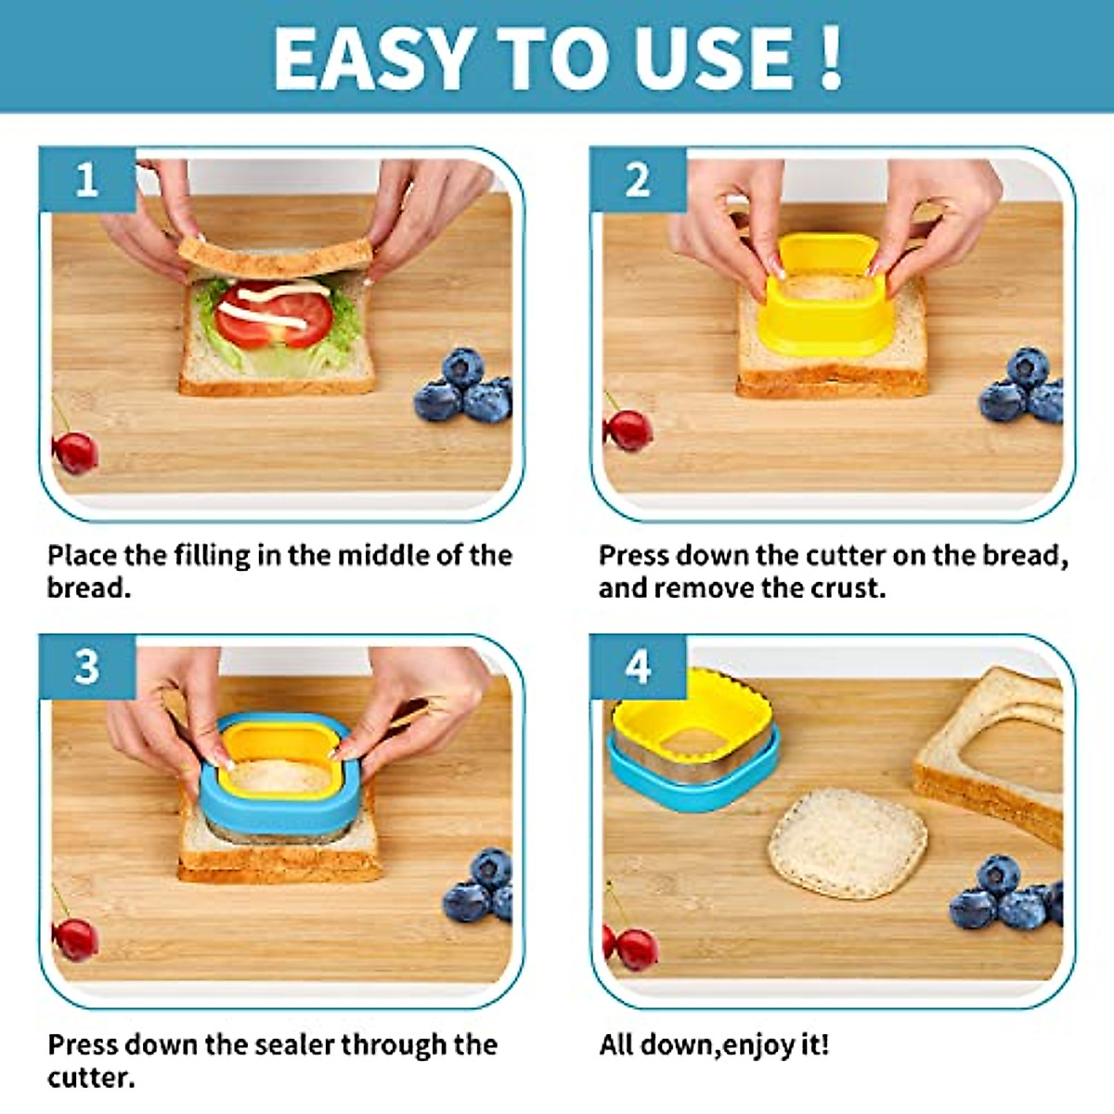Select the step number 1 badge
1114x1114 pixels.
tap(86, 179)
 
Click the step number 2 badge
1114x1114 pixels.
tap(637, 179)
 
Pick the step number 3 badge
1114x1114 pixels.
tap(86, 667)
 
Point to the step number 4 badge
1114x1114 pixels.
tap(637, 667)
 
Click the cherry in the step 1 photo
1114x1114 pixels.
tap(75, 452)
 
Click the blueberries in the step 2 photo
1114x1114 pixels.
tap(1023, 387)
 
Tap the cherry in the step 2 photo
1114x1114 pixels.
tap(628, 430)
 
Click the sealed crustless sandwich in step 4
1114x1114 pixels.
tap(847, 843)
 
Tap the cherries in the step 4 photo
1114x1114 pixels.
tap(633, 947)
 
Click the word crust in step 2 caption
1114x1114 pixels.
tap(848, 589)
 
